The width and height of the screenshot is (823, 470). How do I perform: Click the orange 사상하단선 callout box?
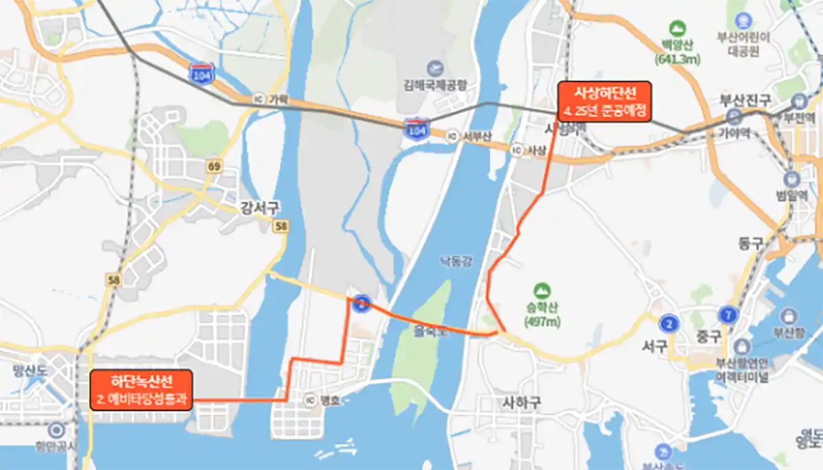[x=604, y=102]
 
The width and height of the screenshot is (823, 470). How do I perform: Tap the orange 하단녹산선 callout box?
[x=141, y=390]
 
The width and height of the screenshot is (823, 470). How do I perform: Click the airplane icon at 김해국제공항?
[x=434, y=69]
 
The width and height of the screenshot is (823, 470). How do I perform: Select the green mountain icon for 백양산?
[x=678, y=29]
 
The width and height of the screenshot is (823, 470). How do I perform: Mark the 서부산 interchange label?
[x=476, y=136]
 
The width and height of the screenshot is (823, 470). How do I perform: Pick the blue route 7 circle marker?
[x=728, y=316]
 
